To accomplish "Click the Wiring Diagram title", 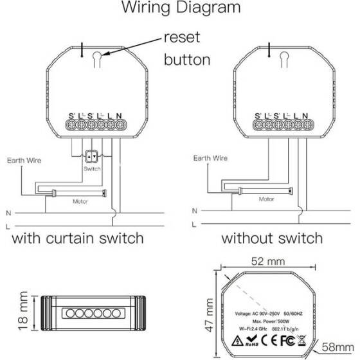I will pos(179,9).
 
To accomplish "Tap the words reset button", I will pos(187,49).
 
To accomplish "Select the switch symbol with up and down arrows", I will pos(92,156).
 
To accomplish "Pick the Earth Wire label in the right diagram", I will pos(210,157).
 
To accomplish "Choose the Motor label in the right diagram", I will pos(266,199).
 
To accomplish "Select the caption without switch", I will pos(272,239).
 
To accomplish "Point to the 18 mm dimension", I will pos(23,314).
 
